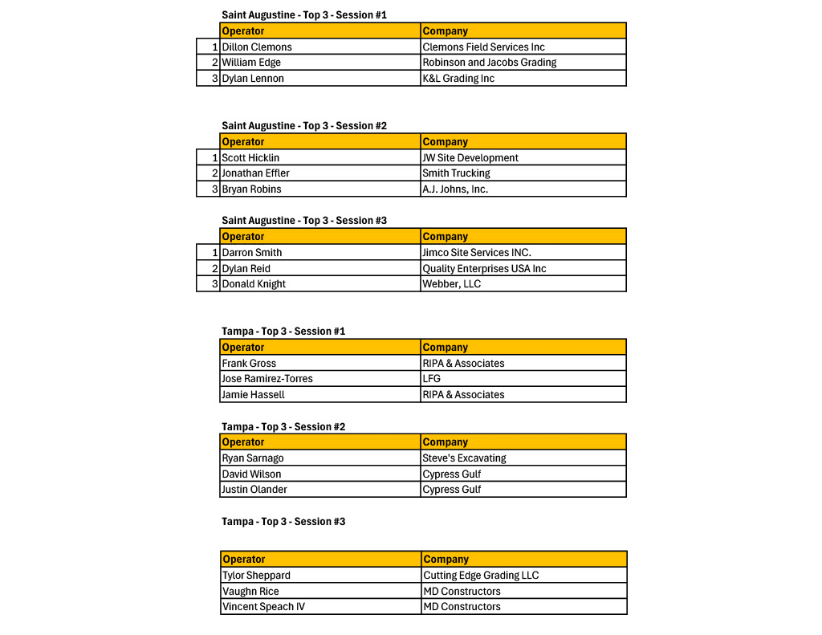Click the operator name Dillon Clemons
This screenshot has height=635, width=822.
pyautogui.click(x=257, y=47)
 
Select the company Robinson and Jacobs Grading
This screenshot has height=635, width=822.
pyautogui.click(x=489, y=63)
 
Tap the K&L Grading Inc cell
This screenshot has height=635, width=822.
pyautogui.click(x=458, y=79)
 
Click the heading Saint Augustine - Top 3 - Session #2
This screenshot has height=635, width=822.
pyautogui.click(x=304, y=126)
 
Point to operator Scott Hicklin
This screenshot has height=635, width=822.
pyautogui.click(x=250, y=158)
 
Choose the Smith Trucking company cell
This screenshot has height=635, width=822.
pyautogui.click(x=456, y=173)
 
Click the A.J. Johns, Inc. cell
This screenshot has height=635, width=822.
pyautogui.click(x=455, y=189)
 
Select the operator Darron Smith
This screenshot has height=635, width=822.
pyautogui.click(x=252, y=253)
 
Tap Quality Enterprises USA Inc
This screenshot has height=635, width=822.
pyautogui.click(x=484, y=269)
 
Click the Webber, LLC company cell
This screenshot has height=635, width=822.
pyautogui.click(x=451, y=284)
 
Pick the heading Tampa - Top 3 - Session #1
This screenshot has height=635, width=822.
pyautogui.click(x=283, y=332)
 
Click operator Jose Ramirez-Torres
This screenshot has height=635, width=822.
pyautogui.click(x=267, y=379)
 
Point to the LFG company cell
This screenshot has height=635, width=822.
pyautogui.click(x=432, y=379)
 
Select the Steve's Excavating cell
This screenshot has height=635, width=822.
pyautogui.click(x=464, y=458)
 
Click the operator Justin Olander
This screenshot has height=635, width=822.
pyautogui.click(x=254, y=490)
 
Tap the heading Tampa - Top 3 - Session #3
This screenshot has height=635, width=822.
pyautogui.click(x=283, y=522)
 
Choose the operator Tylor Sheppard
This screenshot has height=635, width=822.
pyautogui.click(x=257, y=576)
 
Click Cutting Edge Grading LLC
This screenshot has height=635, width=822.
pyautogui.click(x=481, y=576)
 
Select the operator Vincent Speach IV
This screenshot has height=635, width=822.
pyautogui.click(x=263, y=607)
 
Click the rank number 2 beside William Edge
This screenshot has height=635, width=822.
pyautogui.click(x=214, y=63)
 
